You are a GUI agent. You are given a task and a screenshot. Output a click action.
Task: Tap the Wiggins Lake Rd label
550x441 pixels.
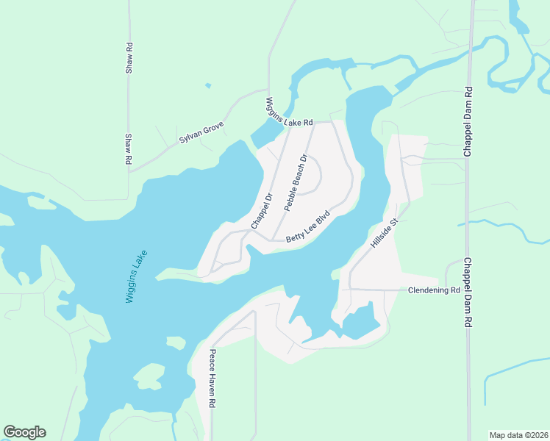click(290, 112)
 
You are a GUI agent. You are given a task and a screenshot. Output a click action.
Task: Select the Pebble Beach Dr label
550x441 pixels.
click(295, 182)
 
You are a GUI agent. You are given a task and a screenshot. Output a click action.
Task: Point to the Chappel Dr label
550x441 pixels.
click(262, 209)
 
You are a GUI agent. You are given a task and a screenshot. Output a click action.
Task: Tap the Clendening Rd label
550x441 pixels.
click(434, 290)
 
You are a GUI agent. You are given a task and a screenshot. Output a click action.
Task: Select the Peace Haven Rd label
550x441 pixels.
click(211, 378)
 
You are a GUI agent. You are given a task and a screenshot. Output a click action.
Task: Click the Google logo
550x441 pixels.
click(24, 432)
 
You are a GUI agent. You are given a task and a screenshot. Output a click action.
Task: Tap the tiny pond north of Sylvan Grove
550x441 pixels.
click(208, 86)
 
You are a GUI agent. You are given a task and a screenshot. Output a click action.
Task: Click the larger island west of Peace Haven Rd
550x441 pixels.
click(149, 376)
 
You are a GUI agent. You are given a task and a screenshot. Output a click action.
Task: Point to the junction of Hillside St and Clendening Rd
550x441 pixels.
click(349, 290)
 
